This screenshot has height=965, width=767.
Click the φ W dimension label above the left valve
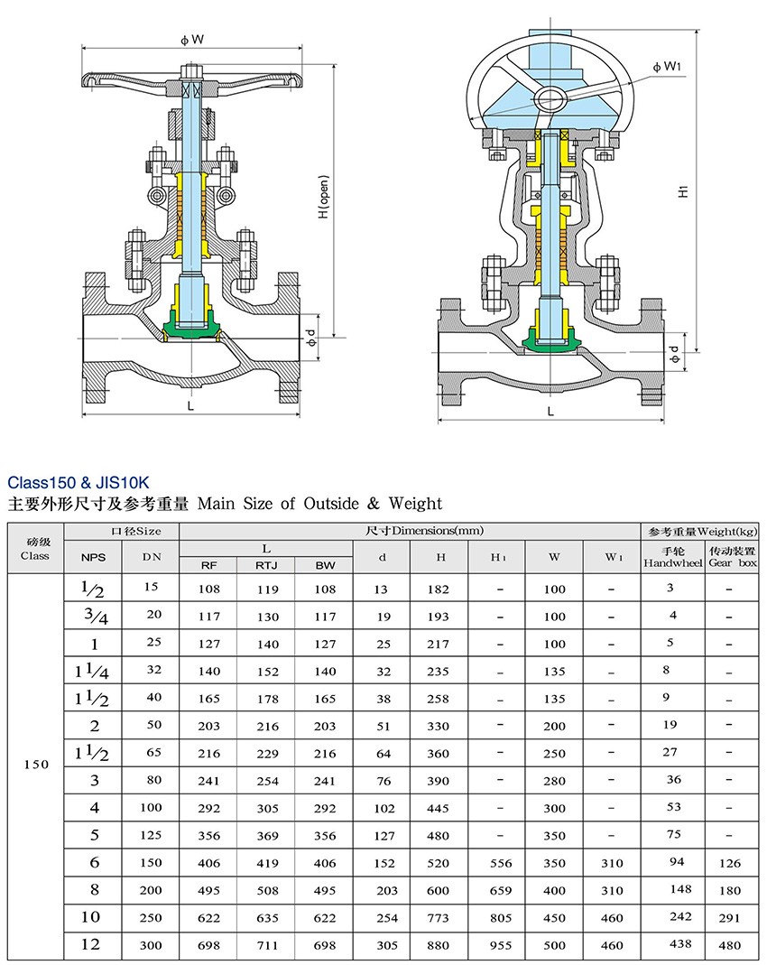(190, 39)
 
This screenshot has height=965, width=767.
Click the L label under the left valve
(190, 406)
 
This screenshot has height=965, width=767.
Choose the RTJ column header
(265, 566)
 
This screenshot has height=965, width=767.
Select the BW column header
(323, 566)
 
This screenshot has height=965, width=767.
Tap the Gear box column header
(732, 556)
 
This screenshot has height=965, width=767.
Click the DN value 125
(151, 836)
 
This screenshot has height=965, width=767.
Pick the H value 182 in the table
(439, 589)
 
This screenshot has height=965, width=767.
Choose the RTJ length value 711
(265, 945)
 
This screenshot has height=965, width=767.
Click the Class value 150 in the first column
(35, 764)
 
